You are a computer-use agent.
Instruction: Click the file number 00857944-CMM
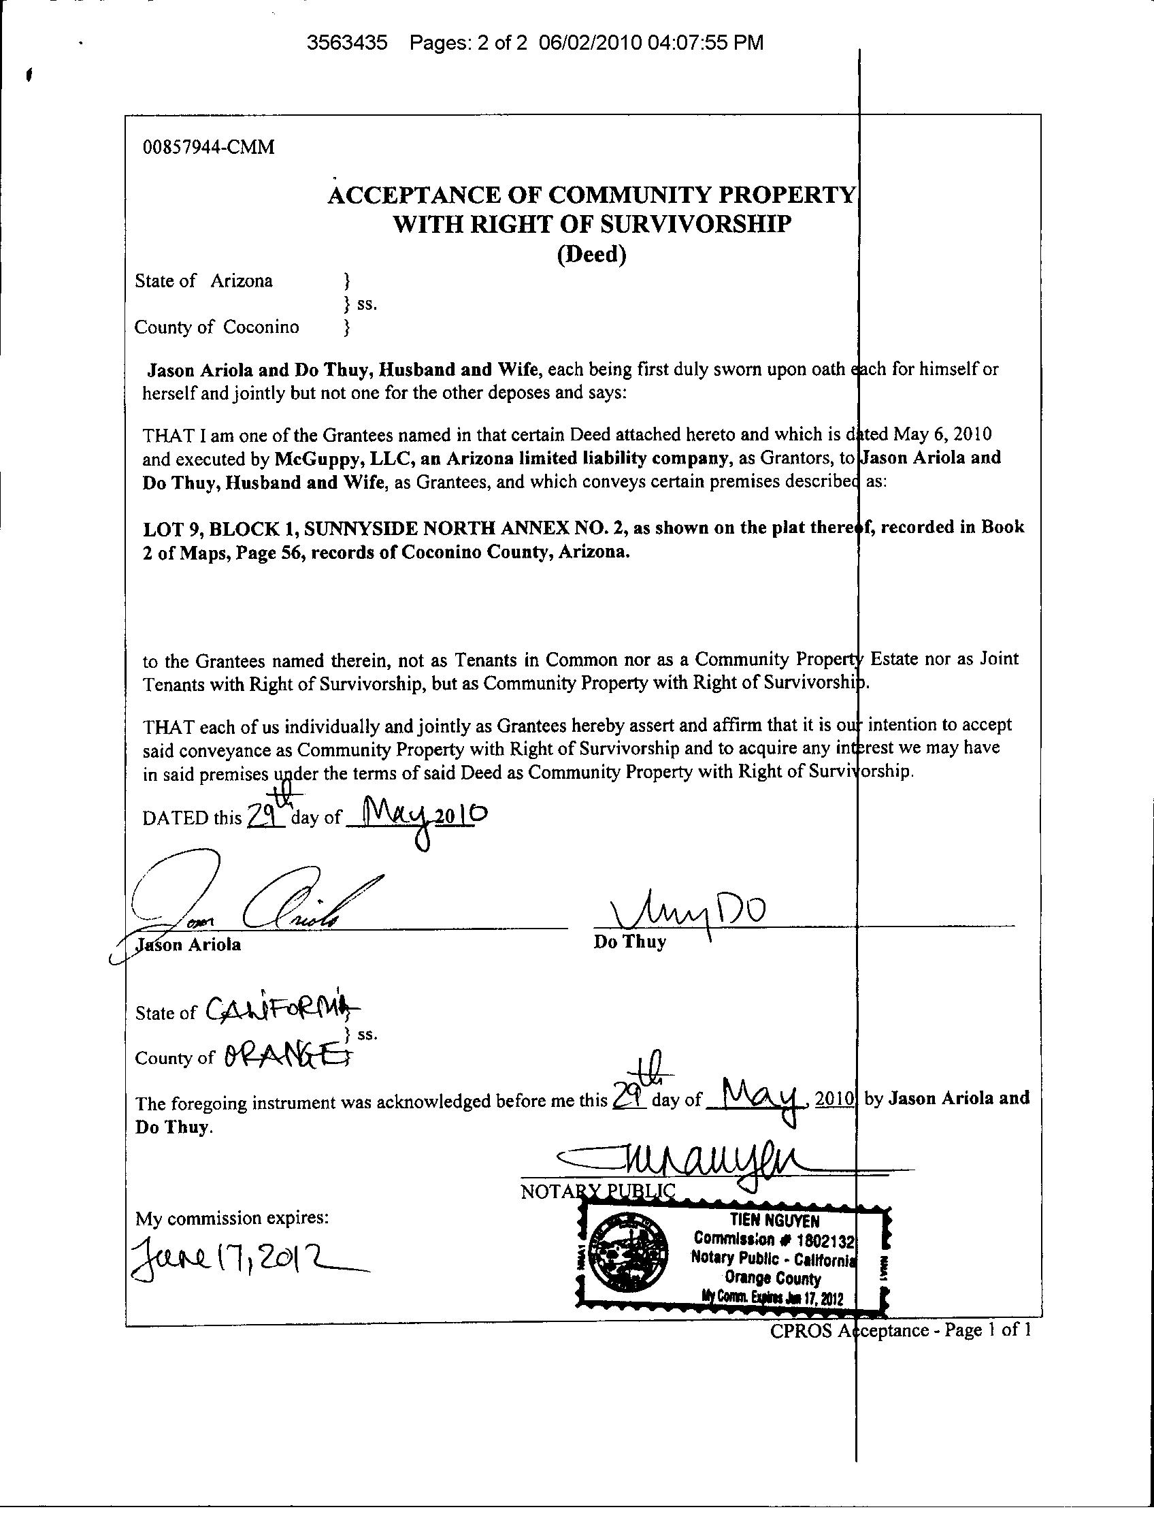tap(208, 147)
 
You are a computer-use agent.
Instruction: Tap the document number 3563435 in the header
tap(347, 43)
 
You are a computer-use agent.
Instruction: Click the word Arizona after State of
tap(241, 280)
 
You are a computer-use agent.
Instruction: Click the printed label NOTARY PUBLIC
tap(597, 1191)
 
